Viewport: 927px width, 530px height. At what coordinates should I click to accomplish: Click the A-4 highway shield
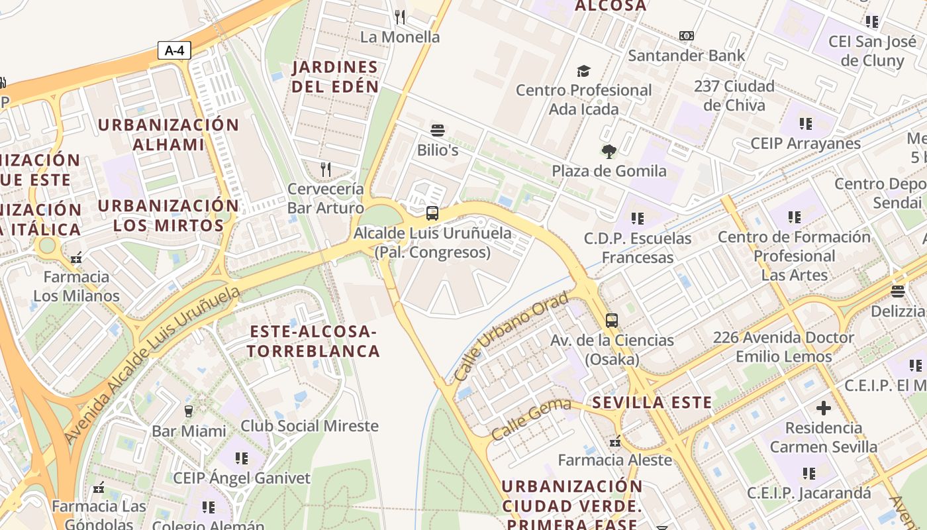pyautogui.click(x=174, y=50)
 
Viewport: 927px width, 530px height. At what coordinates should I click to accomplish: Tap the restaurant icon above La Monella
pyautogui.click(x=399, y=17)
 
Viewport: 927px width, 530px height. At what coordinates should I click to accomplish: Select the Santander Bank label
pyautogui.click(x=686, y=56)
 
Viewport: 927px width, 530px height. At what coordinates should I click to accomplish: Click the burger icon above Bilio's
pyautogui.click(x=437, y=130)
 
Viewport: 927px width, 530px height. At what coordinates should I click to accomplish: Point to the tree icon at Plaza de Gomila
pyautogui.click(x=609, y=152)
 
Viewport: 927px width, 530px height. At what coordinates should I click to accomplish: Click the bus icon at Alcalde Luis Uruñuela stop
pyautogui.click(x=432, y=213)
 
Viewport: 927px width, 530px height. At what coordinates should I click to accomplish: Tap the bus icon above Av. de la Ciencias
pyautogui.click(x=611, y=321)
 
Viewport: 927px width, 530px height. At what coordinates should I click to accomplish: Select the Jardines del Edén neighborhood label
pyautogui.click(x=336, y=77)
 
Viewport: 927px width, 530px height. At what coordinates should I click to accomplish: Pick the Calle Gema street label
pyautogui.click(x=531, y=419)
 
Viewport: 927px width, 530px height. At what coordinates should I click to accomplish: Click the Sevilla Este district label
pyautogui.click(x=652, y=402)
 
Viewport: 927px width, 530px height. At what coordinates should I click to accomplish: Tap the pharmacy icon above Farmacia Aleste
pyautogui.click(x=615, y=441)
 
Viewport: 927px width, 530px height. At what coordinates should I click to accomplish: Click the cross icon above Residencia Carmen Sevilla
pyautogui.click(x=823, y=408)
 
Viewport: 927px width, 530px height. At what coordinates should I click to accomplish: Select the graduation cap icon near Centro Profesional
pyautogui.click(x=583, y=71)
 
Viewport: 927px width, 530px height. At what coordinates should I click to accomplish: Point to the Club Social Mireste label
pyautogui.click(x=309, y=426)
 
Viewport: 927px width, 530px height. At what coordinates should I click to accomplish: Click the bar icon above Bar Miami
pyautogui.click(x=188, y=411)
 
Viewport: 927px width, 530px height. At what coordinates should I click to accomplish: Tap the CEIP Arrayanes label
pyautogui.click(x=805, y=144)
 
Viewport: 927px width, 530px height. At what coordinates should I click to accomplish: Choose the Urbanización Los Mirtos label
pyautogui.click(x=168, y=215)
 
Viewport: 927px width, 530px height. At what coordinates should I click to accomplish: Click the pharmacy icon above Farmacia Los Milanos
pyautogui.click(x=76, y=258)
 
